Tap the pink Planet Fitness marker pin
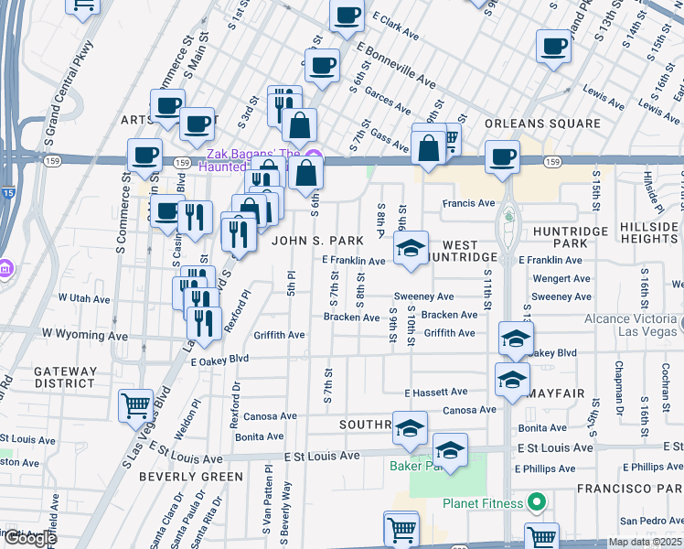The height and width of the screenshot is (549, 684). [x=537, y=502]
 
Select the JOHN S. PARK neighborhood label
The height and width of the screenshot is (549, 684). [x=311, y=241]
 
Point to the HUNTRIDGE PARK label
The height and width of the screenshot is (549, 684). [x=569, y=238]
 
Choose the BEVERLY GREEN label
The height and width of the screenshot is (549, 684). [x=191, y=477]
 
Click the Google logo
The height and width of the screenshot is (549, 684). [x=30, y=538]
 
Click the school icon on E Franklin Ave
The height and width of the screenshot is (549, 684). [x=411, y=248]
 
